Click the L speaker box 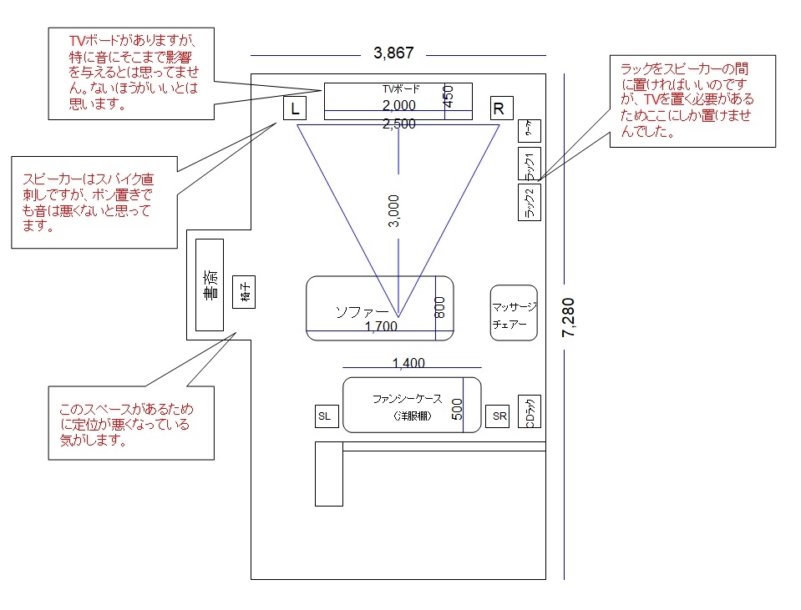[294, 108]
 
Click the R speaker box [499, 108]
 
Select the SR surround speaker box [498, 416]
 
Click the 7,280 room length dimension [569, 317]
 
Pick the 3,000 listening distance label [394, 211]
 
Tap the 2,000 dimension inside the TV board [398, 106]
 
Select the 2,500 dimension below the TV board [398, 124]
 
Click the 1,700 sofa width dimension [381, 326]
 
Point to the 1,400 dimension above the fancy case [408, 363]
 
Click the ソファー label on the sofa [361, 311]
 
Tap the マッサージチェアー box [514, 313]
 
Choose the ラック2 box [530, 202]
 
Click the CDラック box [530, 412]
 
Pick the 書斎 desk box [210, 285]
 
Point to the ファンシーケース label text [407, 399]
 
